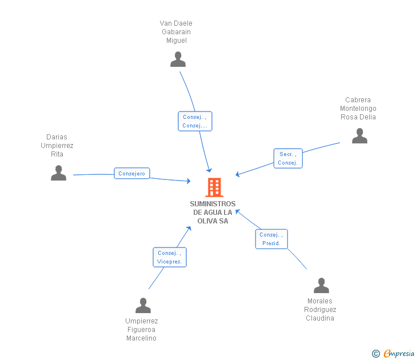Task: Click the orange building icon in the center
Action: tap(214, 187)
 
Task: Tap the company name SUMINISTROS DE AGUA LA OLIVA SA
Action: tap(213, 213)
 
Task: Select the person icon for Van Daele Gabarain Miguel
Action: tap(178, 59)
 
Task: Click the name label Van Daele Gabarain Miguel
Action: tap(176, 32)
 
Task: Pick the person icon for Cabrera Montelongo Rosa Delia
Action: tap(359, 136)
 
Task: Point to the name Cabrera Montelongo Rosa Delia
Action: tap(358, 109)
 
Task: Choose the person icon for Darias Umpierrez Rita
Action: tap(58, 173)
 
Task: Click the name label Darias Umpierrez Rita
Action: tap(57, 146)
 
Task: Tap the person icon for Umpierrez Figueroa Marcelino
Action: tap(143, 306)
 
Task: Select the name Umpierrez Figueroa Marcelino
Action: tap(141, 330)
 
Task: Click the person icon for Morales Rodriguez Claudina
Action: tap(322, 286)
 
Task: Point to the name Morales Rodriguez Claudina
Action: tap(320, 310)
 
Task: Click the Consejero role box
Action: tap(132, 173)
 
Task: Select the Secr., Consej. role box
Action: tap(288, 158)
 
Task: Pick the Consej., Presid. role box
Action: tap(271, 239)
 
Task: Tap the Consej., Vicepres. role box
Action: tap(170, 257)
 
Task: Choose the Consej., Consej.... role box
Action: tap(195, 121)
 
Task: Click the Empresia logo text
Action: tap(398, 354)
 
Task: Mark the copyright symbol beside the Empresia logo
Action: tap(375, 354)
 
